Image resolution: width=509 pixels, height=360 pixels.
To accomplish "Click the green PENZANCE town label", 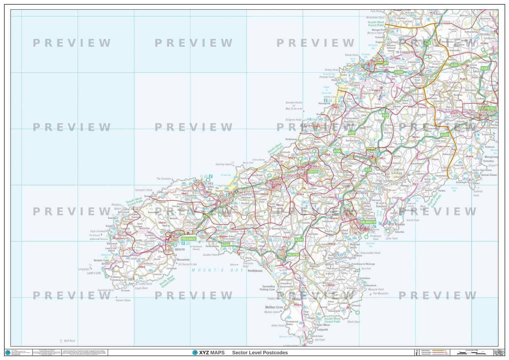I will [x=188, y=239].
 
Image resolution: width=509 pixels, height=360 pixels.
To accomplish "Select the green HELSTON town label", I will [x=293, y=255].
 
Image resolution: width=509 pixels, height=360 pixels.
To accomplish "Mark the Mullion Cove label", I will [x=274, y=307].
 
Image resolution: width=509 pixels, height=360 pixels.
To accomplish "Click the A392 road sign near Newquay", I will [x=399, y=72].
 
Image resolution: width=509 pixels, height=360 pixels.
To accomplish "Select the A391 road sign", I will [x=485, y=68].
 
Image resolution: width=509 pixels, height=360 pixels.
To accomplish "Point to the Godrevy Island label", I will [x=223, y=164].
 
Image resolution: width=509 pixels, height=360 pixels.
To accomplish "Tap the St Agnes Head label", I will [x=293, y=120].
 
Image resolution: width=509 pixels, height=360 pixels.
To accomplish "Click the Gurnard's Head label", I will [x=143, y=190].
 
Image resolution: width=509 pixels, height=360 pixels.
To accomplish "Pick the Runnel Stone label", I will [x=123, y=300].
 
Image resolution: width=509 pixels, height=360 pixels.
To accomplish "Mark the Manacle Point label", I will [x=376, y=289].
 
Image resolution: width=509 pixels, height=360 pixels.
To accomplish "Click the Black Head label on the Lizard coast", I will [x=354, y=322].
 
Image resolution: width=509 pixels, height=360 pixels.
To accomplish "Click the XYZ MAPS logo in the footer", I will [x=208, y=353].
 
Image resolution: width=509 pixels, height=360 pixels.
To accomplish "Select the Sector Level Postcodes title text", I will [x=260, y=353].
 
